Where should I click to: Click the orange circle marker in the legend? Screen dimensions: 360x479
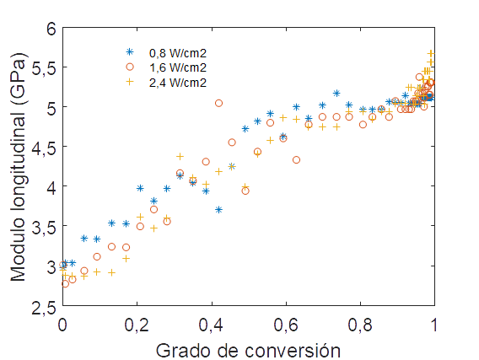[130, 67]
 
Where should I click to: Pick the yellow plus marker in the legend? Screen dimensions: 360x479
[130, 82]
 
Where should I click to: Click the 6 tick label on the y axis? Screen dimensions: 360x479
[50, 28]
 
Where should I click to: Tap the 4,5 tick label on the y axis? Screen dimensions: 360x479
[42, 148]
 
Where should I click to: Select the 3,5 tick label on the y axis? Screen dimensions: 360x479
[42, 227]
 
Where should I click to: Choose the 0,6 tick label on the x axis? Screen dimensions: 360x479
[286, 325]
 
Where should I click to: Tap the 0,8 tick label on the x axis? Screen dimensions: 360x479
[360, 325]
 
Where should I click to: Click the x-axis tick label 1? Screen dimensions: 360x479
[434, 325]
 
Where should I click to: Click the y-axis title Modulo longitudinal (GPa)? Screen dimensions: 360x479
[17, 169]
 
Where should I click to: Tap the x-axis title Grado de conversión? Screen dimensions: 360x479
[248, 348]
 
